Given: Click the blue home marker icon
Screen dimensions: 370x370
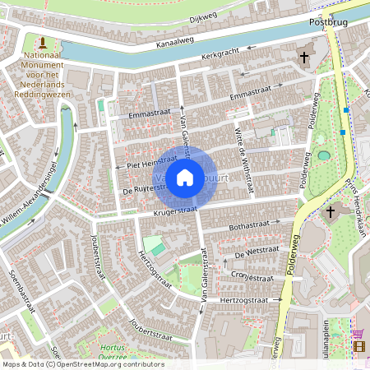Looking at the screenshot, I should [x=185, y=178].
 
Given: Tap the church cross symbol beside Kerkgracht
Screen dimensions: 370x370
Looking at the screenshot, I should [x=304, y=58].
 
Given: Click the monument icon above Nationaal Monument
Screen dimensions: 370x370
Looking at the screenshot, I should [x=42, y=42].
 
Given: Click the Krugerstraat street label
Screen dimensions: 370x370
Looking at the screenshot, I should [x=174, y=212].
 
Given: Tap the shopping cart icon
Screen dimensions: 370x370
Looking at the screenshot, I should [x=358, y=333].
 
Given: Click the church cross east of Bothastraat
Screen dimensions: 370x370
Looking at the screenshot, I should [x=330, y=212].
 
